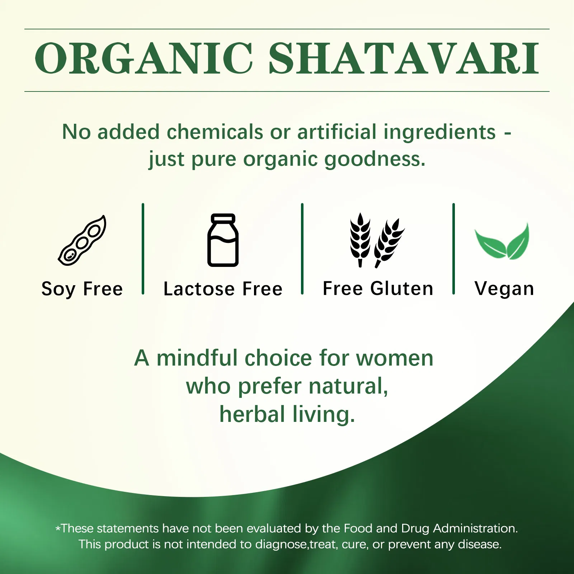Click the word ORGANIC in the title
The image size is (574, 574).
[x=143, y=59]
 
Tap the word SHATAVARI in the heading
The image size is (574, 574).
[x=404, y=59]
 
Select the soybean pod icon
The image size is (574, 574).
[x=83, y=240]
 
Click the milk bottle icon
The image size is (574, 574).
[x=223, y=240]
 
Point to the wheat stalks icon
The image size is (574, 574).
[x=377, y=240]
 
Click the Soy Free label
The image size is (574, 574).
[x=82, y=289]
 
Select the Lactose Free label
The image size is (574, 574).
[x=223, y=289]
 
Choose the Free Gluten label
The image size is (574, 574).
[x=378, y=289]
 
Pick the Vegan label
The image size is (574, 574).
[x=504, y=289]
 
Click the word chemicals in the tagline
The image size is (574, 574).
[x=215, y=132]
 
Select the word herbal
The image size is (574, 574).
[x=252, y=414]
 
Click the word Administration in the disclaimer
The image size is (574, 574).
[x=475, y=528]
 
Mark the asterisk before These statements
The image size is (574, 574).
[x=58, y=529]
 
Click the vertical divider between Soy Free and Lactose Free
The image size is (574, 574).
[x=143, y=249]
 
